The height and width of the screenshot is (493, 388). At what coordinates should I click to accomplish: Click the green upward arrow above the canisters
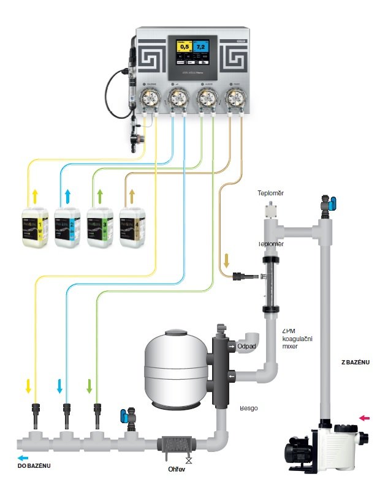(x=101, y=197)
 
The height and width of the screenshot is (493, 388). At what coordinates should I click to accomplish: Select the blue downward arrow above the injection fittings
(x=60, y=386)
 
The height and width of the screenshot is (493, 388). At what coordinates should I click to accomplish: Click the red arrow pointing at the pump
(x=365, y=418)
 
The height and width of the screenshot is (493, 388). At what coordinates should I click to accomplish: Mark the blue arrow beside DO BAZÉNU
(x=23, y=457)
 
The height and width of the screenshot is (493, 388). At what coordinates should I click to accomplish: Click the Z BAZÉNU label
(x=356, y=362)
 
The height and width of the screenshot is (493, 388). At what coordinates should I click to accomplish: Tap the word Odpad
(x=248, y=346)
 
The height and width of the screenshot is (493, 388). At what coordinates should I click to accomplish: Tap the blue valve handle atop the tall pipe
(x=332, y=203)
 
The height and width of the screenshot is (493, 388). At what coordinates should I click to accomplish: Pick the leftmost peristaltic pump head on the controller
(x=149, y=97)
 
